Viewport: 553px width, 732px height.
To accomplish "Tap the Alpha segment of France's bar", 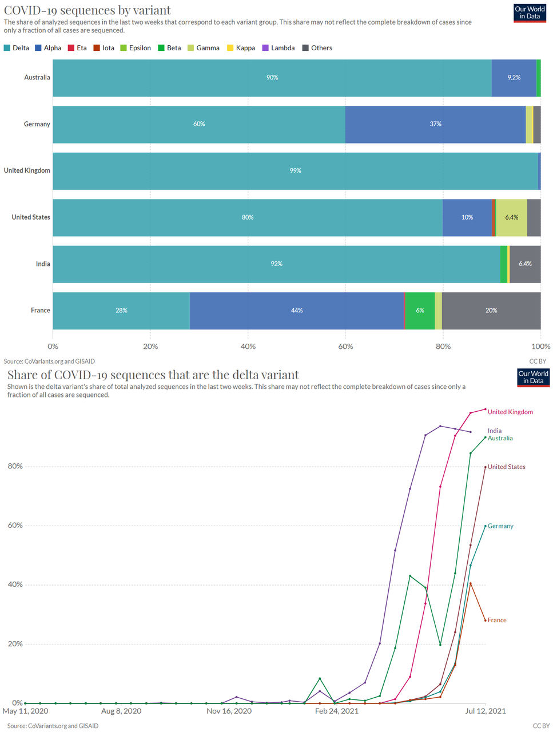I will [x=297, y=311].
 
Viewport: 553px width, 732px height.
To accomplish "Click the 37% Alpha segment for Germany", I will [x=435, y=124].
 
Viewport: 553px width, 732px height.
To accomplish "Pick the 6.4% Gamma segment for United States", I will [x=511, y=217].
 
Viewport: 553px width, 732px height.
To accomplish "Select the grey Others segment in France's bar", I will [x=491, y=311].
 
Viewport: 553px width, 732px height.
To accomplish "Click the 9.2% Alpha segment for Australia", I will [x=514, y=77].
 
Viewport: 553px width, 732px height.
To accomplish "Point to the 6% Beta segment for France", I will [x=420, y=311].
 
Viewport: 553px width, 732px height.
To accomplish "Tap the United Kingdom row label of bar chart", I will [x=27, y=170].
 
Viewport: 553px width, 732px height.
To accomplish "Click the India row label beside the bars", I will [x=43, y=264].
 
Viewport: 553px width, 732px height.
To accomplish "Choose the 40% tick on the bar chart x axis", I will [x=248, y=347].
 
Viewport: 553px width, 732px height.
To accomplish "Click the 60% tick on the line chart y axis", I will [x=15, y=525].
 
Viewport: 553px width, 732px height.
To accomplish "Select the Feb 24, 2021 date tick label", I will [x=337, y=711].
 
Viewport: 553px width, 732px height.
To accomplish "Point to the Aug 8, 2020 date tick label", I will [x=121, y=711].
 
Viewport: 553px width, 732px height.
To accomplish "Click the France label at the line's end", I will [x=497, y=620].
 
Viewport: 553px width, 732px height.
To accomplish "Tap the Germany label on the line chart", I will [x=500, y=526].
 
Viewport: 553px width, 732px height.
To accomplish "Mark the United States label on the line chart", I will [x=506, y=467].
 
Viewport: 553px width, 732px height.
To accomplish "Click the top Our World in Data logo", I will [x=530, y=13].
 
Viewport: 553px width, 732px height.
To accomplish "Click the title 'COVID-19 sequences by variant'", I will [x=87, y=10].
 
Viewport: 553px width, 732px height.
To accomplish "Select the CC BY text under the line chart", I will [x=541, y=726].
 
